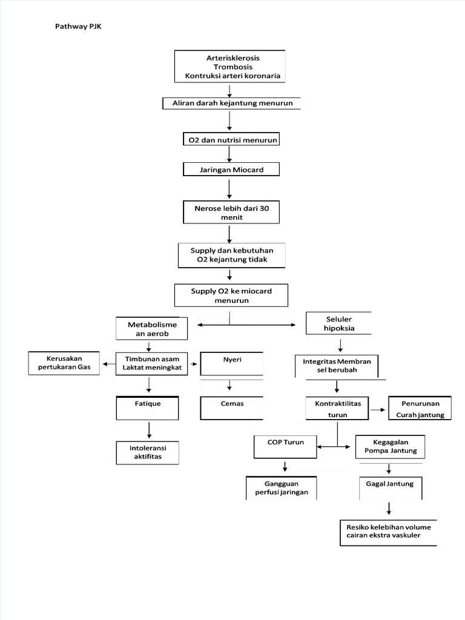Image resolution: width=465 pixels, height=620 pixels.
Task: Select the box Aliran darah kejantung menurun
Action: click(x=232, y=104)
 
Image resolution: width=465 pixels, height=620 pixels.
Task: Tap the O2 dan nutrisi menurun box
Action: click(x=231, y=140)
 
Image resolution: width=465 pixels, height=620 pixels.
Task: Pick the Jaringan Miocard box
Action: click(x=231, y=170)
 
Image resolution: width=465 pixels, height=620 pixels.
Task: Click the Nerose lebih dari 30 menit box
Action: click(x=231, y=213)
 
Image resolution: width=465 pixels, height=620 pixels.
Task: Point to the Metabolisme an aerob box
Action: click(x=152, y=329)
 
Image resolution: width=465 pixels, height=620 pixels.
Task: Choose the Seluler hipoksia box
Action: click(x=339, y=324)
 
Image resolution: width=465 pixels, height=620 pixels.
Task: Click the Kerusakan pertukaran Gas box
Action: click(x=64, y=363)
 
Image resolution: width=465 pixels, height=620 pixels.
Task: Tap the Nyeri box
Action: click(x=232, y=363)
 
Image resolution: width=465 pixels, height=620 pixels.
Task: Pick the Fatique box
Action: click(x=148, y=407)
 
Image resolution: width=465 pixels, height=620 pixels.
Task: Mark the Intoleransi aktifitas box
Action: click(x=148, y=452)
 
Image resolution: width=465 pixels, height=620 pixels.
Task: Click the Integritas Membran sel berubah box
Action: click(x=341, y=365)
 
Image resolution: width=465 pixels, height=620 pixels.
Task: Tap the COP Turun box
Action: click(x=285, y=447)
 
